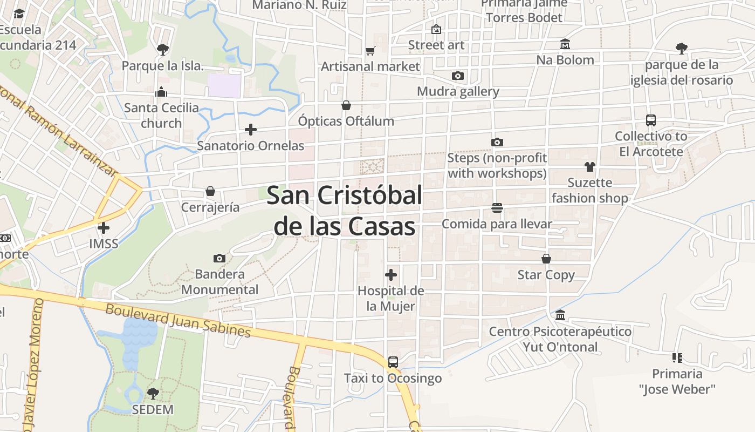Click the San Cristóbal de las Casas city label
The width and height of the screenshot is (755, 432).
[344, 211]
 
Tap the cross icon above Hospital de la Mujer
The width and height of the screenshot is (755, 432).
[391, 275]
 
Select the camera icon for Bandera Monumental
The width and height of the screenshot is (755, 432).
[219, 258]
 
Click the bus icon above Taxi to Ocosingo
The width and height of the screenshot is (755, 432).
[393, 362]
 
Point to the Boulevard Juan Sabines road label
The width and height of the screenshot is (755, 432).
[178, 320]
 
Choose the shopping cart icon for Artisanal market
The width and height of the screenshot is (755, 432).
[370, 51]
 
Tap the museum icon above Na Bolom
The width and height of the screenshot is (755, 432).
[565, 44]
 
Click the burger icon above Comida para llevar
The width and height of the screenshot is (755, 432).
[497, 208]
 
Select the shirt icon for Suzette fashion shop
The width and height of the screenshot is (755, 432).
[589, 167]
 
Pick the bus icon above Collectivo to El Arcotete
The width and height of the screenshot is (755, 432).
[651, 120]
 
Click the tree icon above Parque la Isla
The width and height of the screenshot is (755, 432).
[162, 50]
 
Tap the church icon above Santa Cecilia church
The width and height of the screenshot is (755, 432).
[161, 92]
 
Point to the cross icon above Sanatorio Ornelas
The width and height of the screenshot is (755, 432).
[250, 130]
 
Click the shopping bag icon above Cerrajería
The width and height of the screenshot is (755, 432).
[210, 191]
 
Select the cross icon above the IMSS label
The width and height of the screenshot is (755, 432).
[103, 228]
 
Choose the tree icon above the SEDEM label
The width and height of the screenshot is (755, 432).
[153, 393]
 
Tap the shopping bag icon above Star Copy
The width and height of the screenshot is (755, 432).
[546, 259]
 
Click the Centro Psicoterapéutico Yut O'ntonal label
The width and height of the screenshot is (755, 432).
[560, 339]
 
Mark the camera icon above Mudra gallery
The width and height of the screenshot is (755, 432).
[458, 76]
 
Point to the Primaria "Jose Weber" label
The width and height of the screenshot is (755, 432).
[677, 381]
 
